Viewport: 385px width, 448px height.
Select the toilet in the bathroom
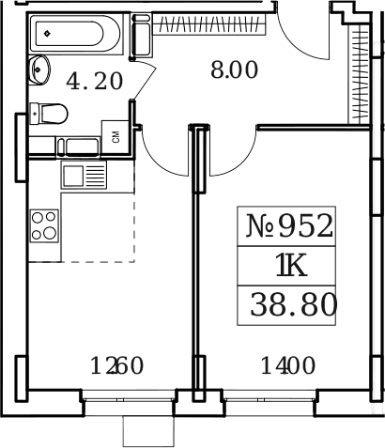(49, 113)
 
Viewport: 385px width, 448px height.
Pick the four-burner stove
(43, 226)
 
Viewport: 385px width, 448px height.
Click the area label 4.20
(94, 81)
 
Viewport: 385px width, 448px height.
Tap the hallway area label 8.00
(231, 69)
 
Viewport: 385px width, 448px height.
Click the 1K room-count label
(290, 267)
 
